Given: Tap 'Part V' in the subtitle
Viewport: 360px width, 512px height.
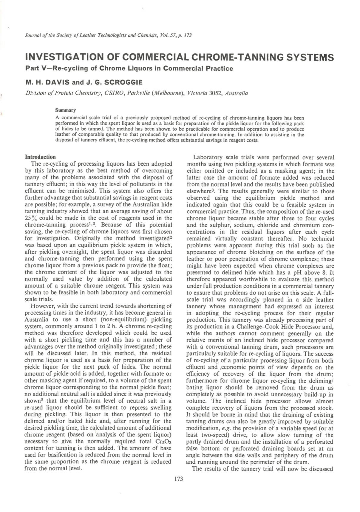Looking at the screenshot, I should tap(35, 69).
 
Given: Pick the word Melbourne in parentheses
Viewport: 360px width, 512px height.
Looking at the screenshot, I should tap(168, 93).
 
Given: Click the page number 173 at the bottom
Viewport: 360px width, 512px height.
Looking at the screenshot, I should tap(178, 479).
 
